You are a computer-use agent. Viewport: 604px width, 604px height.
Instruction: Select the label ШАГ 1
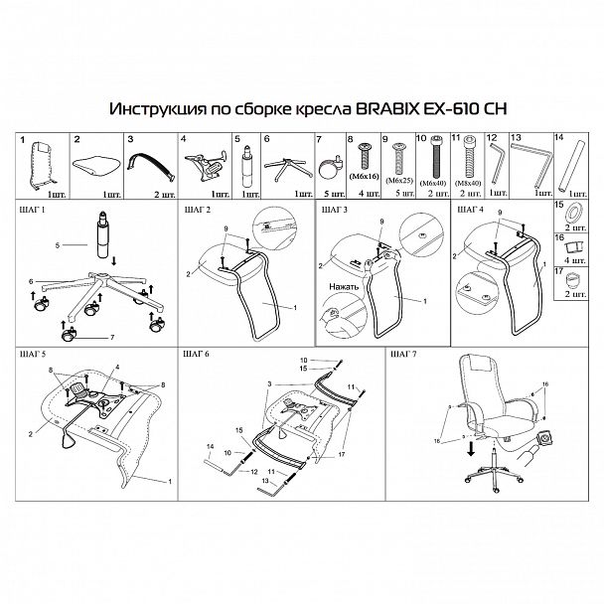(33, 212)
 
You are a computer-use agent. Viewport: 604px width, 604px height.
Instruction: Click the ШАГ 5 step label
(33, 353)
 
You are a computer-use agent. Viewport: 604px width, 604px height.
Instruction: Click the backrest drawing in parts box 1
(40, 161)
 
